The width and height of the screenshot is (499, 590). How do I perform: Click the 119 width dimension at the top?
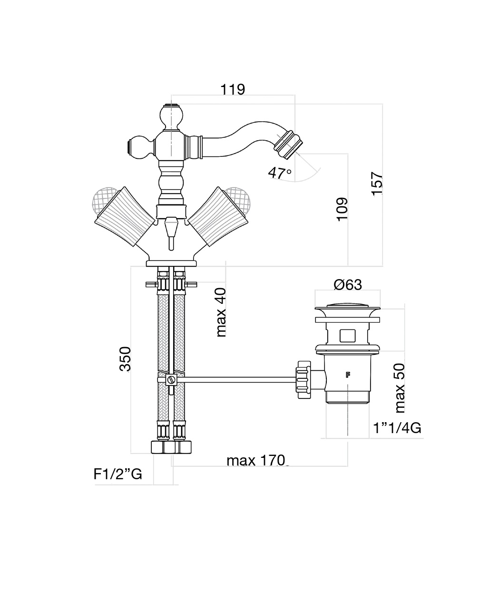click(x=233, y=89)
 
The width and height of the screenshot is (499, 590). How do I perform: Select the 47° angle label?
click(x=279, y=173)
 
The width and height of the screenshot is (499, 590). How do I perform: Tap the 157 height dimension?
click(x=377, y=183)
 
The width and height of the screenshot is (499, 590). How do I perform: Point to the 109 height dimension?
click(x=342, y=209)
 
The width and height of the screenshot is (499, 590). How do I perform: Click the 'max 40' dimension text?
click(x=221, y=312)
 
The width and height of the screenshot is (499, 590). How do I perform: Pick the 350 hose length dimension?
click(x=125, y=359)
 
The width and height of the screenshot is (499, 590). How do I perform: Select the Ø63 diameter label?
click(x=347, y=285)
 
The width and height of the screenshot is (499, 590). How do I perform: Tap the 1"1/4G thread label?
click(x=397, y=428)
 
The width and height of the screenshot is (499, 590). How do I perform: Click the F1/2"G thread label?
click(x=117, y=474)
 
